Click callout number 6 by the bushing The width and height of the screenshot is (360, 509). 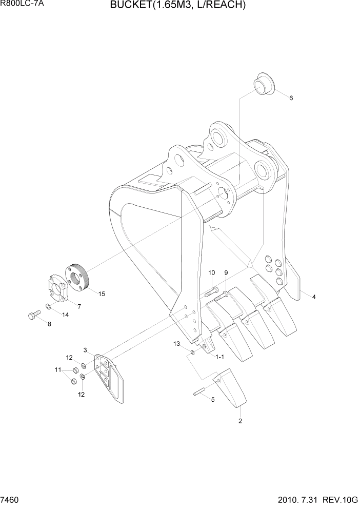coord(291,98)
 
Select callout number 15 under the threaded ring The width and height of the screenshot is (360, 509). coord(102,294)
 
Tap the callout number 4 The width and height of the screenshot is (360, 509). coord(313,297)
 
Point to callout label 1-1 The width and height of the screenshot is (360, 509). coord(220,357)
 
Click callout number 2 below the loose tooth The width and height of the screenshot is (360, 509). coord(240,421)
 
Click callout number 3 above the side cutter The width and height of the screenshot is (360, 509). coord(86,350)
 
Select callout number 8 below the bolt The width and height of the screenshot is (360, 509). coord(49,324)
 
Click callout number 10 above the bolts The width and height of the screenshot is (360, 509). coord(211,272)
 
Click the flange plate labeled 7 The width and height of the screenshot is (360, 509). coord(55,290)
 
